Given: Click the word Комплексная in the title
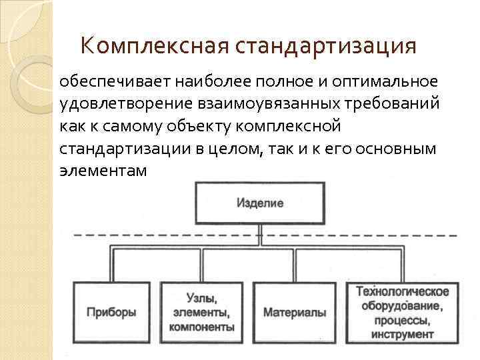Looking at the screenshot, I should [155, 46].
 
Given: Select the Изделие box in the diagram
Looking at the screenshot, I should [259, 203].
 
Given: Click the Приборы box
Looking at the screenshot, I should [111, 311].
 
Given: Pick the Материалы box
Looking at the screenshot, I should [295, 311].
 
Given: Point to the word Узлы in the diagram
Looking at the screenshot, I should [201, 297].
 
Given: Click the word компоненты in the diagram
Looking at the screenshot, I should [201, 327].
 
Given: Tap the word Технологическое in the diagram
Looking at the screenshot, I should [403, 291].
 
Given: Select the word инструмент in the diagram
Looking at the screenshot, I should [403, 333].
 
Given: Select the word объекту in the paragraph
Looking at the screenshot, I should [196, 126].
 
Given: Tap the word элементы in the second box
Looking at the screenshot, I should [201, 312].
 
